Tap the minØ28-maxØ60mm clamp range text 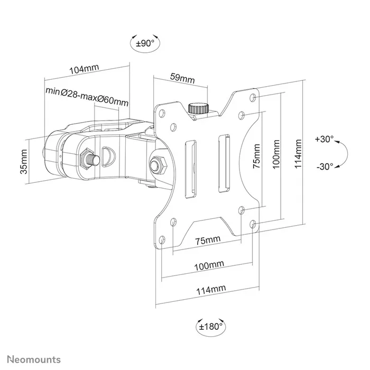click(x=87, y=91)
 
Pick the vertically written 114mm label click(x=299, y=153)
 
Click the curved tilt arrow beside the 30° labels click(x=343, y=153)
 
